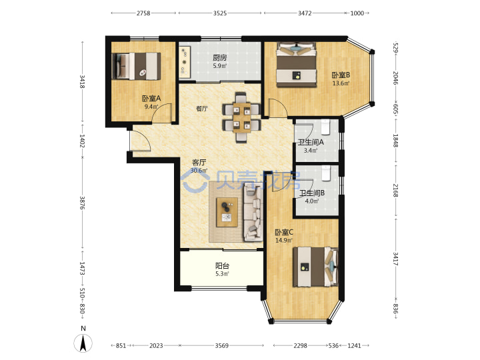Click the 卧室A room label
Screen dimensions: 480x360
tap(151, 99)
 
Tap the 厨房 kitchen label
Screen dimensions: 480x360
tap(220, 57)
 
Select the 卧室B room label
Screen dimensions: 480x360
tap(341, 75)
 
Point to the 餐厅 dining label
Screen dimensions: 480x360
tap(202, 109)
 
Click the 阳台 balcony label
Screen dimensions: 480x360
tap(222, 266)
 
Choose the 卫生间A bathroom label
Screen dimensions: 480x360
tap(311, 143)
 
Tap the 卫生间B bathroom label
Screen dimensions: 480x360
tap(312, 193)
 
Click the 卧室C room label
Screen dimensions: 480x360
tap(284, 233)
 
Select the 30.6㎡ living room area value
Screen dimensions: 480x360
tap(199, 171)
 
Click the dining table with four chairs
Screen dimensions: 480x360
tap(241, 117)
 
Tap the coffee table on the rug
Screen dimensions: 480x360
tap(227, 212)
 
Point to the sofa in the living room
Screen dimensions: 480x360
tap(253, 213)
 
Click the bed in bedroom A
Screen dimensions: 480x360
tap(137, 67)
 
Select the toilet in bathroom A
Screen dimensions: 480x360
tap(325, 127)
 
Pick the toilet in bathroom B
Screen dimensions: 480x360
tap(326, 173)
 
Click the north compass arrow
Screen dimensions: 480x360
tap(83, 343)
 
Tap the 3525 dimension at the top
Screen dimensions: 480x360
tap(220, 13)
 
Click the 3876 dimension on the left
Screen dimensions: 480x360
tap(82, 203)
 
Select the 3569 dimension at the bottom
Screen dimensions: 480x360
tap(221, 345)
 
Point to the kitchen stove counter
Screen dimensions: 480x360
tap(185, 63)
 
